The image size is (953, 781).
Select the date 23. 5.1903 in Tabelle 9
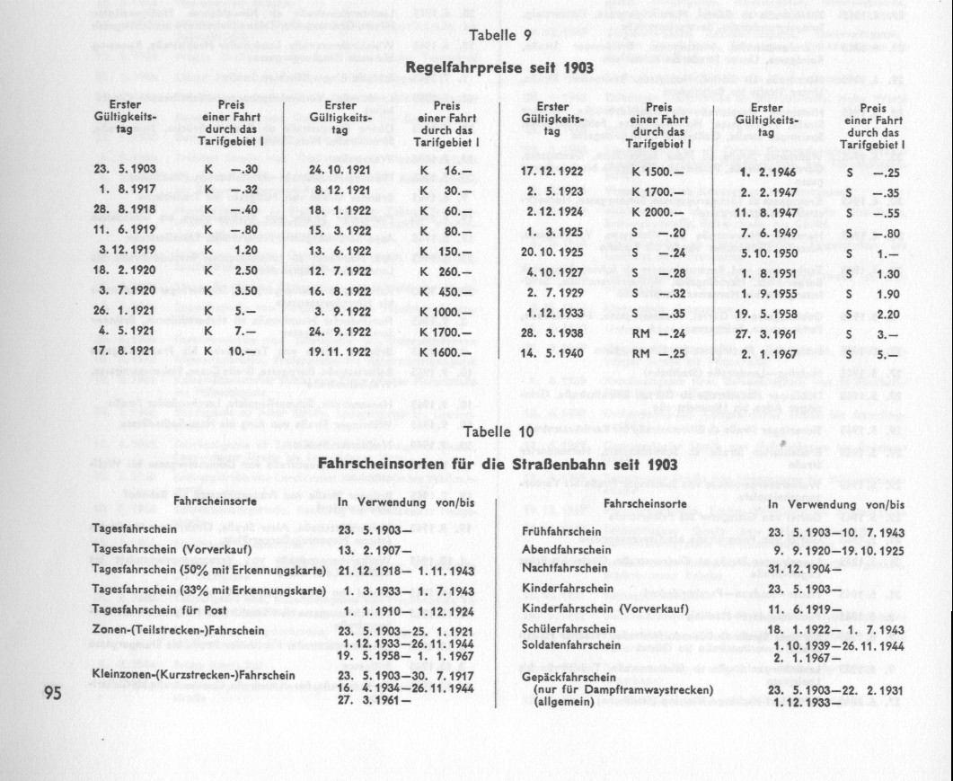119,169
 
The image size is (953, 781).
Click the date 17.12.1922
551,169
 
